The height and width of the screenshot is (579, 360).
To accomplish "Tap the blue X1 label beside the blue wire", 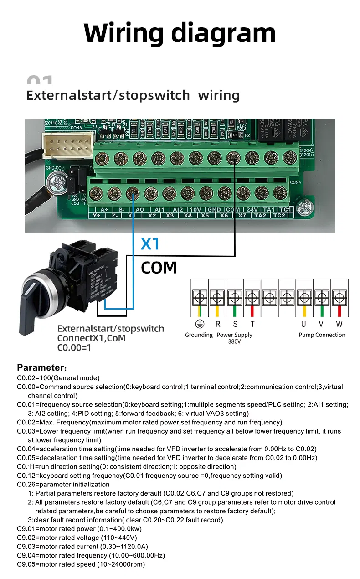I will [150, 244].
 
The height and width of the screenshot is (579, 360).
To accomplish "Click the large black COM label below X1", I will [159, 267].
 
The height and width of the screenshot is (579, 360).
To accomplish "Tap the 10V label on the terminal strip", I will [195, 209].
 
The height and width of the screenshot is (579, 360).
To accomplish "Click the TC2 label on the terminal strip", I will [279, 215].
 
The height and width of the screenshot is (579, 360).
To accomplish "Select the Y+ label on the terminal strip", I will [97, 215].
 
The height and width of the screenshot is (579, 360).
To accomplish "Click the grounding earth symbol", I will [199, 324].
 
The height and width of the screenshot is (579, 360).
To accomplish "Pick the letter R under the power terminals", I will [218, 324].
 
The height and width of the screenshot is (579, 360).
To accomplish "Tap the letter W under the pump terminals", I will [339, 324].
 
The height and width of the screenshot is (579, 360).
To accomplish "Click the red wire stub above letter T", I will [252, 311].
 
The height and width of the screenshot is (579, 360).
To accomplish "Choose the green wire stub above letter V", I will [322, 311].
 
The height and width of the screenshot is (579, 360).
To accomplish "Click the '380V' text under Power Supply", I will [234, 341].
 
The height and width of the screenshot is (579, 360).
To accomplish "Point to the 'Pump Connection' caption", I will [322, 335].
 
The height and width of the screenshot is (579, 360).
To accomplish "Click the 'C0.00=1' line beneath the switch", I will [74, 348].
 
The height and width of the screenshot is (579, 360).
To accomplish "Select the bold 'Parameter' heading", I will [40, 367].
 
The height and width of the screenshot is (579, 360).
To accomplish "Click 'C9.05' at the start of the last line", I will [26, 564].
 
